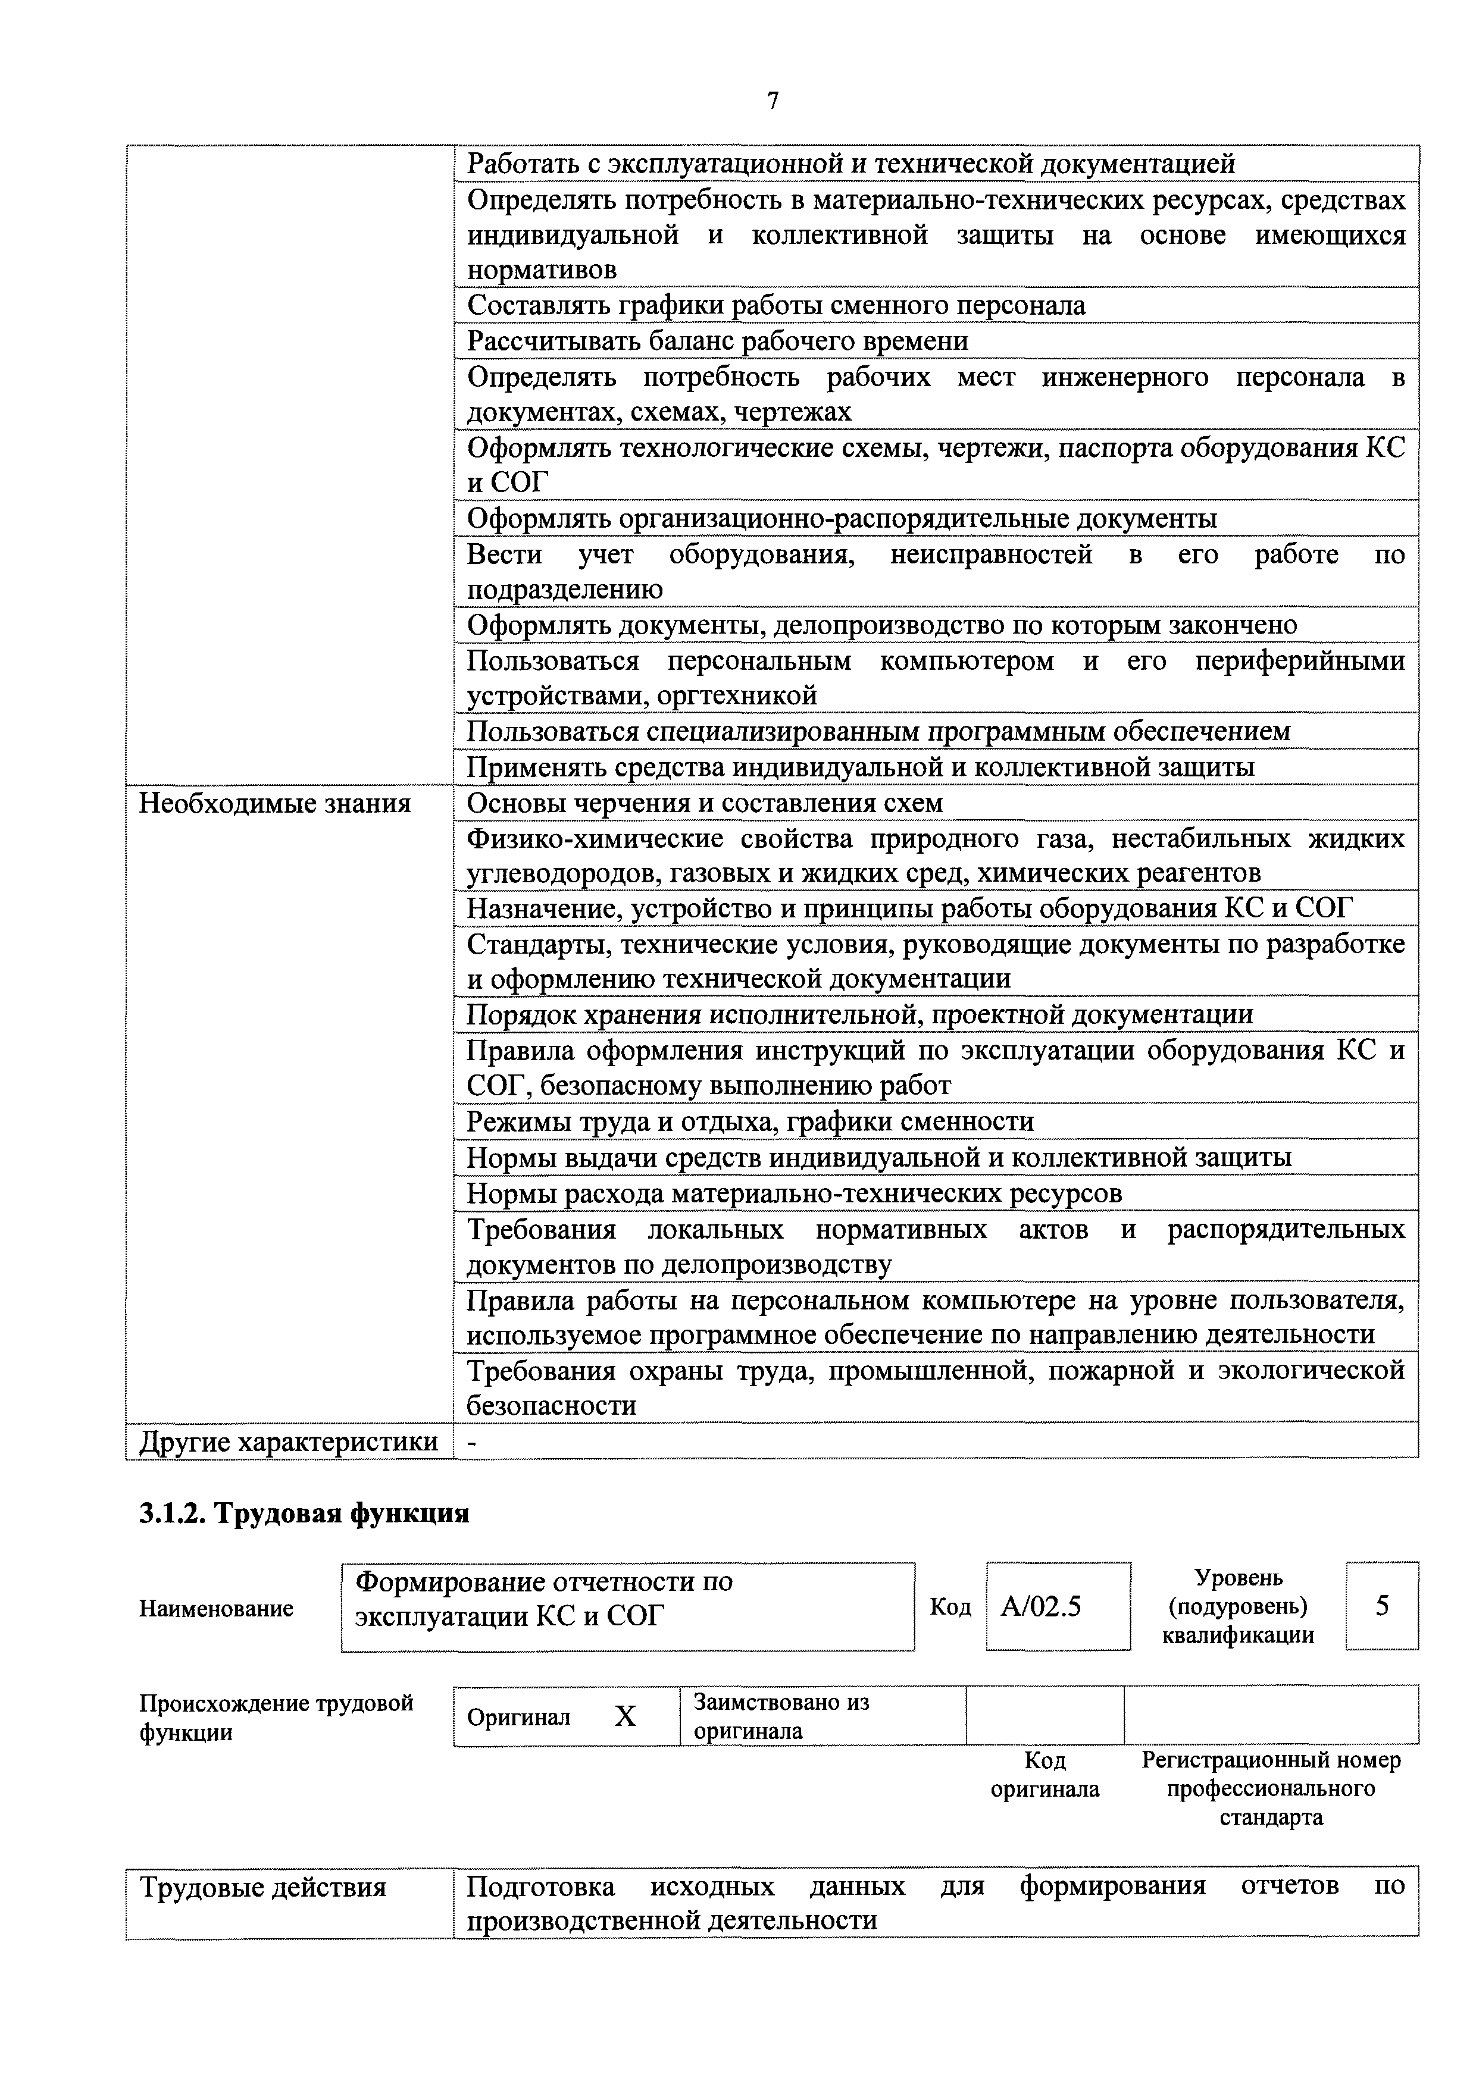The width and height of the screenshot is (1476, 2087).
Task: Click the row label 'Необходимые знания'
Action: [274, 804]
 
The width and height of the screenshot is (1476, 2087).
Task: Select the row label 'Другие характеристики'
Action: [287, 1443]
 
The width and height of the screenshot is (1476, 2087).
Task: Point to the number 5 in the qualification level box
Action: [1381, 1606]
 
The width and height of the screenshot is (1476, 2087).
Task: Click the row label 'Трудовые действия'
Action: [263, 1888]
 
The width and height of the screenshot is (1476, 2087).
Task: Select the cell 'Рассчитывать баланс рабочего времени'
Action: [718, 341]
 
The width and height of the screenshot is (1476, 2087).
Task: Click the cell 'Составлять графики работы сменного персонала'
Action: [775, 305]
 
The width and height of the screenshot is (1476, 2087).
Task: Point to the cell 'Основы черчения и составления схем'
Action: [705, 804]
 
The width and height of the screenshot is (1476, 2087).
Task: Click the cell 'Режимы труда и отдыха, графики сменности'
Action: [750, 1121]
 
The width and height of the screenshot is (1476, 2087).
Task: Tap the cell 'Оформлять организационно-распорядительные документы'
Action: [841, 519]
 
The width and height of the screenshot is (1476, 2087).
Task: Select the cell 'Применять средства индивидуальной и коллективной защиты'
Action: [861, 768]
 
